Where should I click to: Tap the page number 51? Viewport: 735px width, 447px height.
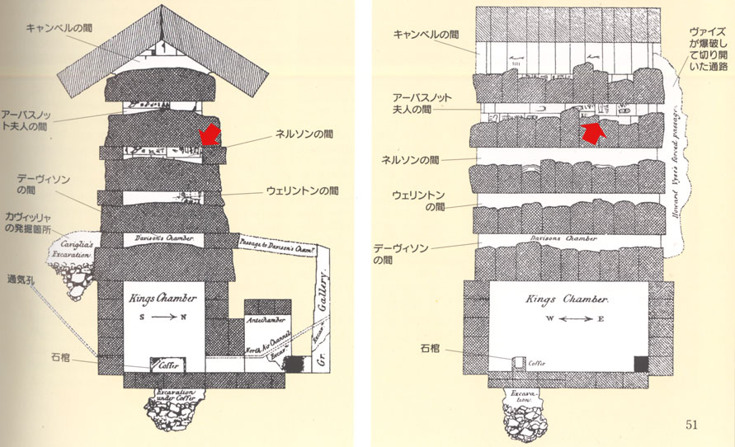[692, 425]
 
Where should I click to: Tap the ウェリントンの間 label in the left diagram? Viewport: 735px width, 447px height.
[303, 191]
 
